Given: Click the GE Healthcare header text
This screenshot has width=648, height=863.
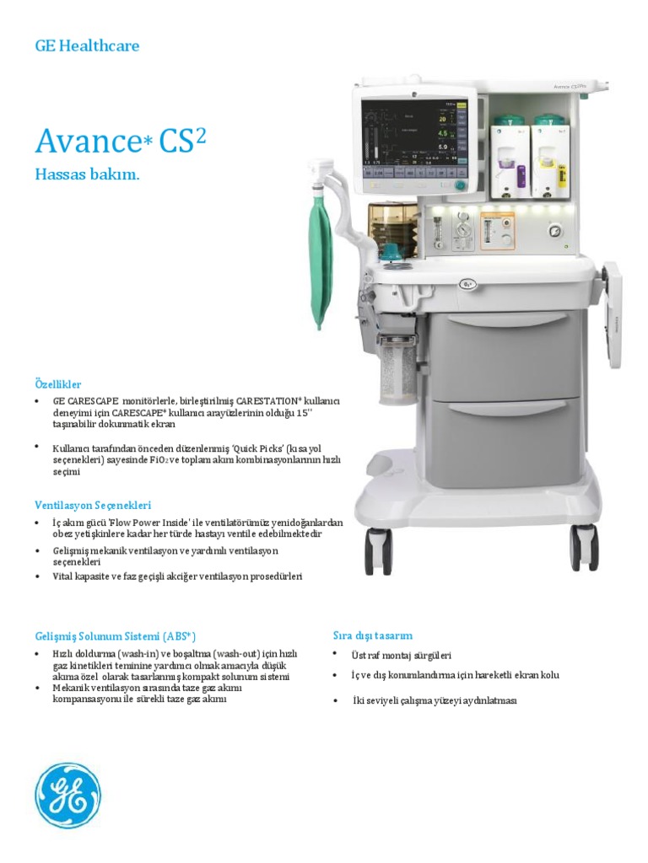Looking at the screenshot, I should coord(87,46).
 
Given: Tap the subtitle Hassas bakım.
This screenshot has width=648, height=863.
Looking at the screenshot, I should coord(85,175).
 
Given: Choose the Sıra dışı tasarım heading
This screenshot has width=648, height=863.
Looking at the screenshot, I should coord(371,635).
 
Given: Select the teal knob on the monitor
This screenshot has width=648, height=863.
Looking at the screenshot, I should coord(460,185).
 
